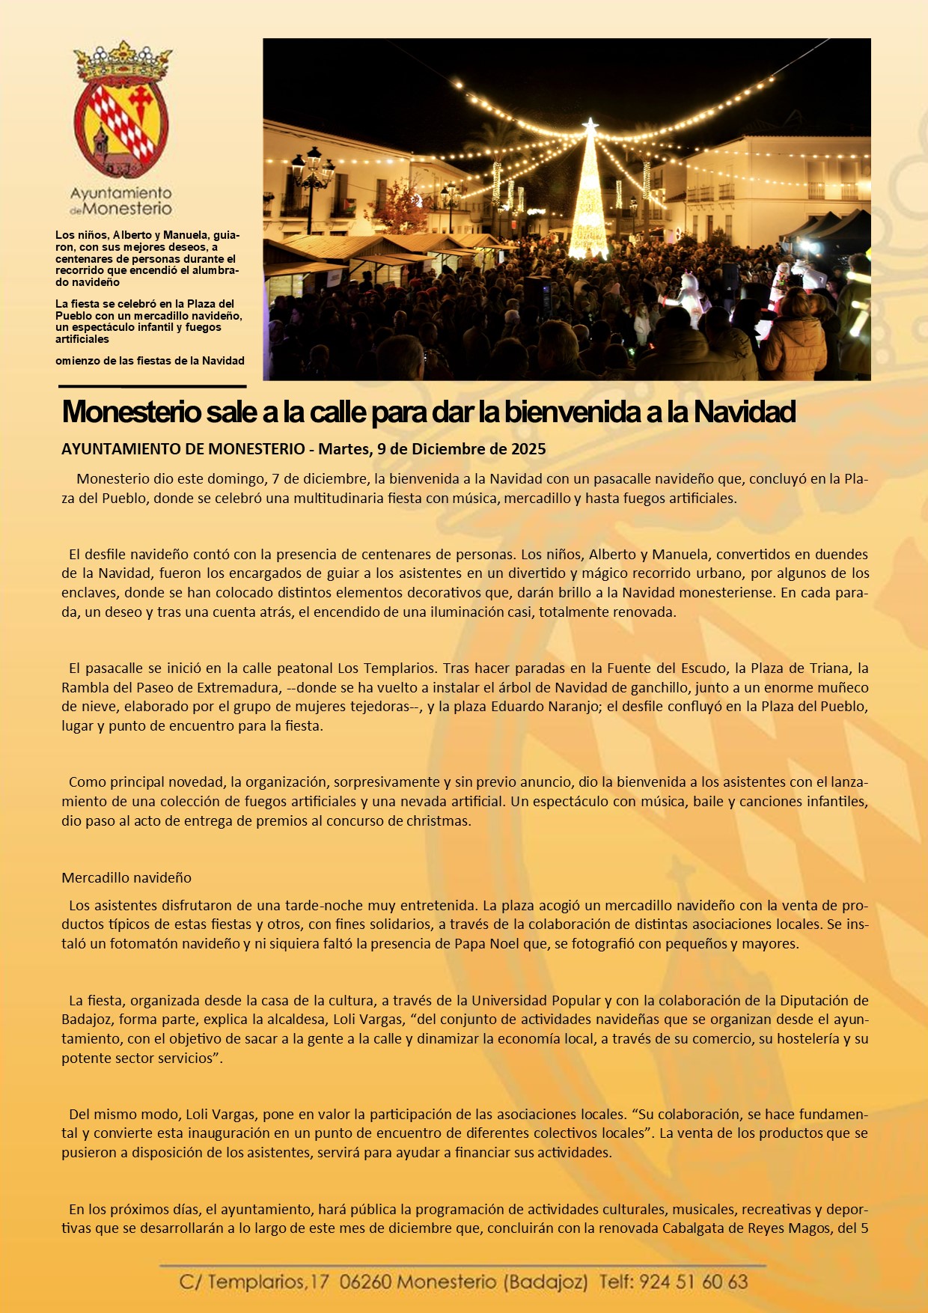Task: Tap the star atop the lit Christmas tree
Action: point(590,124)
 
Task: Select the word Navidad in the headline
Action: point(744,412)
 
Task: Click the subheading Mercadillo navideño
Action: point(126,877)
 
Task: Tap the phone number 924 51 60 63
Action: point(693,1282)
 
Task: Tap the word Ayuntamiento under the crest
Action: point(121,193)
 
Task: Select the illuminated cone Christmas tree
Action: point(589,202)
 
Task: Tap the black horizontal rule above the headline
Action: point(153,386)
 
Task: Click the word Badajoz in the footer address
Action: point(546,1282)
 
